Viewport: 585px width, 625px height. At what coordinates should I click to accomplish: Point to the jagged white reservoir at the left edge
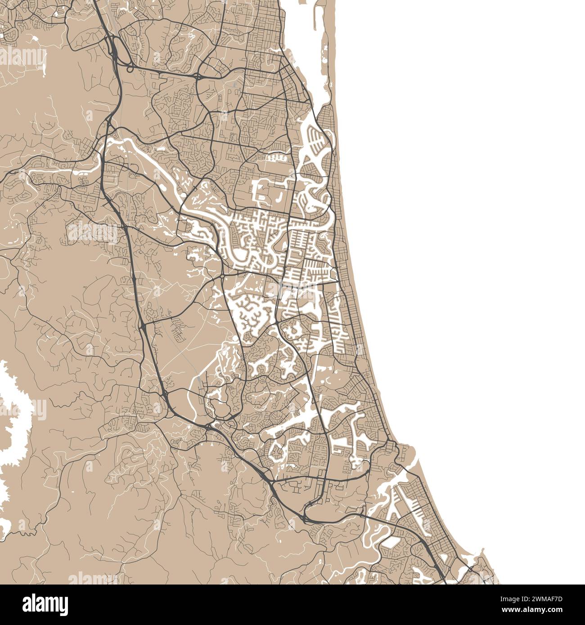click(x=13, y=414)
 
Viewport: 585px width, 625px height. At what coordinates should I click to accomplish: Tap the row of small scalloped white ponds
click(x=277, y=158)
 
